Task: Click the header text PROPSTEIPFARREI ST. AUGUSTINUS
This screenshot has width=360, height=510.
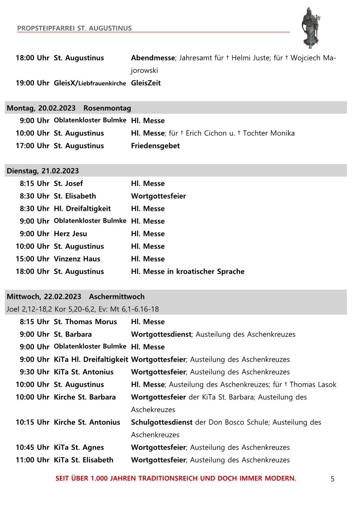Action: pyautogui.click(x=74, y=28)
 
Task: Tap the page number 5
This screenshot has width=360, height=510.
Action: pyautogui.click(x=332, y=479)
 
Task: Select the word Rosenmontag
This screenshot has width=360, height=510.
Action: pyautogui.click(x=107, y=108)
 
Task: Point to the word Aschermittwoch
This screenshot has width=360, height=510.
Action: pyautogui.click(x=116, y=296)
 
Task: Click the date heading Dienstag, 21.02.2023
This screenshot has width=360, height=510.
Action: pyautogui.click(x=43, y=171)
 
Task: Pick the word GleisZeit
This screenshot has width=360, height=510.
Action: pyautogui.click(x=146, y=83)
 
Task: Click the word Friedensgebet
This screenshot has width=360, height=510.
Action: pyautogui.click(x=155, y=146)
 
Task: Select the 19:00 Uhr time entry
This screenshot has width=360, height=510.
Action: pyautogui.click(x=32, y=83)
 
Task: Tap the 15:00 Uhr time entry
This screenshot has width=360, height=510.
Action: pyautogui.click(x=32, y=259)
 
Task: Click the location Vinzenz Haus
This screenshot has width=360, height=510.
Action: pyautogui.click(x=77, y=259)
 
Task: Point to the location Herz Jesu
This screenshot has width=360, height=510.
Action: pyautogui.click(x=70, y=234)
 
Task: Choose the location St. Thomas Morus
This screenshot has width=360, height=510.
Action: pyautogui.click(x=85, y=322)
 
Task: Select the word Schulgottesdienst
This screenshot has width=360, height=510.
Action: pyautogui.click(x=162, y=422)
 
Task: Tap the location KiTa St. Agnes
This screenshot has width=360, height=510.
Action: pyautogui.click(x=78, y=447)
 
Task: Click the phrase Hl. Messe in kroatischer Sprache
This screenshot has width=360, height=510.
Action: pyautogui.click(x=187, y=271)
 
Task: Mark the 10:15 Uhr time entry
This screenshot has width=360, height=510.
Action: pyautogui.click(x=32, y=422)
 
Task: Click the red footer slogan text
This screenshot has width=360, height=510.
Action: pyautogui.click(x=175, y=478)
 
